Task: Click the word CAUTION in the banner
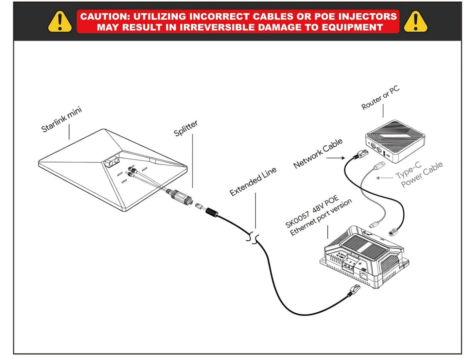pos(103,16)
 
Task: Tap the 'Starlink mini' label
pos(61,119)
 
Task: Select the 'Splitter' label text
pos(186,128)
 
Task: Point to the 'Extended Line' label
pos(253,181)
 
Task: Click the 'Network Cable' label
pos(318,153)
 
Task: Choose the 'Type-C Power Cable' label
pos(419,174)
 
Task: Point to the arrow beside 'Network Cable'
pos(336,158)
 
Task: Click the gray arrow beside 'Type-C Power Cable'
pos(384,178)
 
